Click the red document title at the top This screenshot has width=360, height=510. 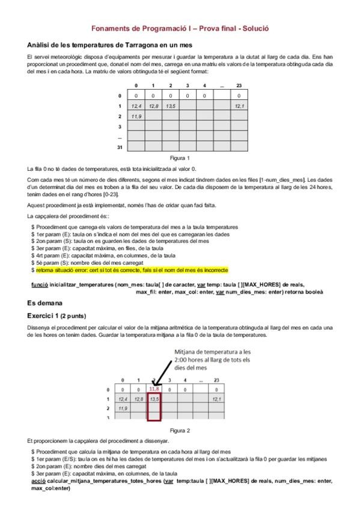click(x=180, y=28)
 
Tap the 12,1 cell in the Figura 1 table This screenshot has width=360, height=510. click(x=239, y=106)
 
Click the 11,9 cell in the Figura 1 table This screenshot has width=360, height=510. click(x=136, y=117)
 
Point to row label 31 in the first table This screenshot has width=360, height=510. click(x=120, y=147)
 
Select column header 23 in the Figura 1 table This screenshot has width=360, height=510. click(x=239, y=85)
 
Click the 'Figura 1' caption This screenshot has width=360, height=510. click(x=180, y=158)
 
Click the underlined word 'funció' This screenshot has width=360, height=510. click(x=40, y=284)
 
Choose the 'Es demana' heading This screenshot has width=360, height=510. click(x=46, y=303)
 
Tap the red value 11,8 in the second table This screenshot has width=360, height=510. click(x=154, y=389)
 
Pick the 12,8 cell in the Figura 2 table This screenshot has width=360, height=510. click(x=139, y=399)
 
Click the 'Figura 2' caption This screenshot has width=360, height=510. click(x=180, y=430)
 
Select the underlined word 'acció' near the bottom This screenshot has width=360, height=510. click(x=38, y=481)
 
